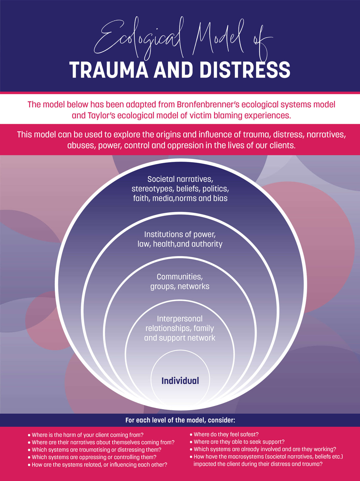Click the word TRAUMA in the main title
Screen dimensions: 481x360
click(109, 70)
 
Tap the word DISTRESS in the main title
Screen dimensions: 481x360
click(244, 70)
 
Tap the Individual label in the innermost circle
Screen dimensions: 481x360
click(180, 381)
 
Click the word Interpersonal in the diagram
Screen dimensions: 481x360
click(180, 319)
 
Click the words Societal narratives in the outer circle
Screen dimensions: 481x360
click(180, 179)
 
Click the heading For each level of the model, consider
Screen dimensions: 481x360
click(180, 420)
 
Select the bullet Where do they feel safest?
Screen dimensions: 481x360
click(226, 434)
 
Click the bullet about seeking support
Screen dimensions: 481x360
click(239, 442)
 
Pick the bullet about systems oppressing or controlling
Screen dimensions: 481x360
click(94, 457)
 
